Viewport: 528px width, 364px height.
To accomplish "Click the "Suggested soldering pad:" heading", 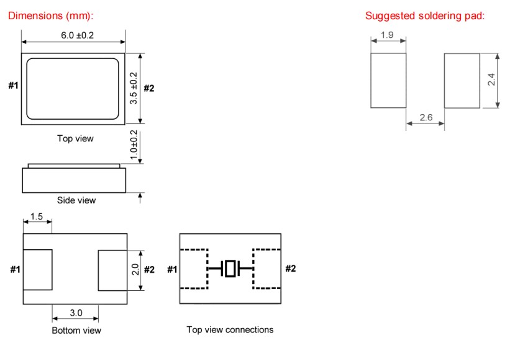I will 425,16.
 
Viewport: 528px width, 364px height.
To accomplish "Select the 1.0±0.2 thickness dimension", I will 134,146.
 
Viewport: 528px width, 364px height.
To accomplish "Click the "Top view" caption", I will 75,138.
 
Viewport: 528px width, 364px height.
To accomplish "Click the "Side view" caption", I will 76,200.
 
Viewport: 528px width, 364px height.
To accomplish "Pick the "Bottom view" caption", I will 76,330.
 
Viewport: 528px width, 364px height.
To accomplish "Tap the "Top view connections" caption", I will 230,329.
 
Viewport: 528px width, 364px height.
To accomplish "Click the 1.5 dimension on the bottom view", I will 36,216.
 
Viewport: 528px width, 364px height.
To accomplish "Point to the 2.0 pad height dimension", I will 134,270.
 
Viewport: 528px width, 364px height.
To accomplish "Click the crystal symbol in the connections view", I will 230,269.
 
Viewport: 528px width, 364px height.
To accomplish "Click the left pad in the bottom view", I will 37,270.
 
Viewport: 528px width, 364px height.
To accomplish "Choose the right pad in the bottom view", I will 112,270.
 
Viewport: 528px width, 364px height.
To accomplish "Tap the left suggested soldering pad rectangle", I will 388,80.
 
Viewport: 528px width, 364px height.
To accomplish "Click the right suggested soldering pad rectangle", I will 462,80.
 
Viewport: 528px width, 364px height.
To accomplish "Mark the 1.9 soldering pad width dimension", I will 387,35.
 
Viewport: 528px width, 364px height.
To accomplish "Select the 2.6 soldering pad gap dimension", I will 426,117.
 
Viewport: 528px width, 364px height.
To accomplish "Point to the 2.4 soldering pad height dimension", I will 491,79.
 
